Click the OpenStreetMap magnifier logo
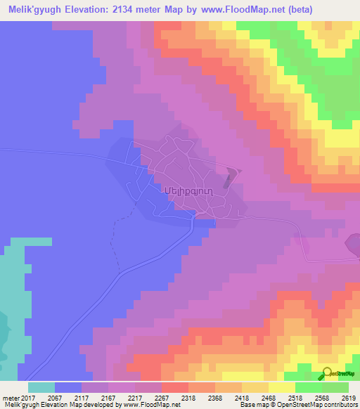point(326,374)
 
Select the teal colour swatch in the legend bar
point(41,387)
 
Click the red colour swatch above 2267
point(175,387)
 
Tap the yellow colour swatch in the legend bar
point(282,387)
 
